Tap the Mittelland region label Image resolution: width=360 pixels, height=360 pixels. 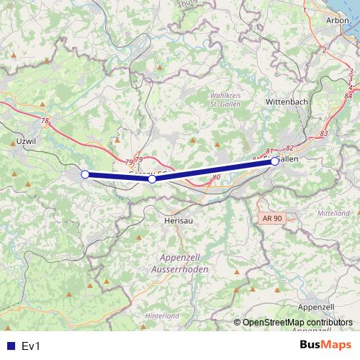click(x=334, y=214)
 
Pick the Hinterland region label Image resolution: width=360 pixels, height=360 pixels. click(x=161, y=316)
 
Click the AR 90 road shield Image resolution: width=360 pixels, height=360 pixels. click(x=269, y=217)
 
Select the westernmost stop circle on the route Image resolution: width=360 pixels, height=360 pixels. click(x=85, y=174)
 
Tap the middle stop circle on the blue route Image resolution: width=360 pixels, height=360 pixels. click(x=152, y=179)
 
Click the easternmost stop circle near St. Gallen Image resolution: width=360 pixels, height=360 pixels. click(x=275, y=162)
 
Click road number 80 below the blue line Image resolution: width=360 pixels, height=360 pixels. click(x=216, y=176)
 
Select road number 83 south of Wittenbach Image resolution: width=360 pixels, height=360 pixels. click(x=323, y=134)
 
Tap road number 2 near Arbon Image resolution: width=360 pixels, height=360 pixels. click(x=325, y=50)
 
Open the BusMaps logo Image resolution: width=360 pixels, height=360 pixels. click(x=325, y=346)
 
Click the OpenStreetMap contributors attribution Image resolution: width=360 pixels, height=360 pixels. click(x=297, y=323)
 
